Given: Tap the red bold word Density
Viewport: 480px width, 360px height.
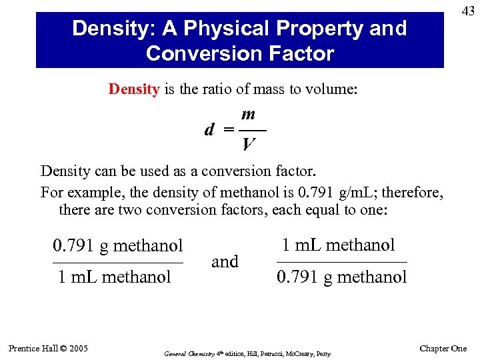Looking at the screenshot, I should (x=134, y=89).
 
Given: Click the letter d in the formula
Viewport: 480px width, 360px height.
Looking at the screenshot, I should (x=209, y=129).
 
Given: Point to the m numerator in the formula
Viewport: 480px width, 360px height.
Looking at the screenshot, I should (x=250, y=116).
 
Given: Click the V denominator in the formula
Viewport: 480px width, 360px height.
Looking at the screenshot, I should (x=249, y=143).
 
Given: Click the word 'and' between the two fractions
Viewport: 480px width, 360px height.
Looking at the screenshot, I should (x=225, y=261).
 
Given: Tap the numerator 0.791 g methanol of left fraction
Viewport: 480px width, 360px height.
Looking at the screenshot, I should (x=117, y=247).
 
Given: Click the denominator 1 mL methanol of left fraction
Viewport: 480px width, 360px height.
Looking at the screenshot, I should (x=114, y=277).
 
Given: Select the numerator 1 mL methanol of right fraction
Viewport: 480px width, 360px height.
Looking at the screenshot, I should (x=338, y=245).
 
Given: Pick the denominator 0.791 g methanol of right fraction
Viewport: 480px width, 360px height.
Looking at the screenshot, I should (x=341, y=277).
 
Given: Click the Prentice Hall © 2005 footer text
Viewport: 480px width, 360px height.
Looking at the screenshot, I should (x=48, y=348).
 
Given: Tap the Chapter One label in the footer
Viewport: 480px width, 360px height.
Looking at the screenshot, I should (x=443, y=349).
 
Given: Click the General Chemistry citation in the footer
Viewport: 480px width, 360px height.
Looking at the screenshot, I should (x=246, y=353).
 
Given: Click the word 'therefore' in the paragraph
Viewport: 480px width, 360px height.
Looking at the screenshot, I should (x=413, y=193).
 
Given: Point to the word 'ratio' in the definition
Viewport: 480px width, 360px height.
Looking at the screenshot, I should (x=207, y=89).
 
